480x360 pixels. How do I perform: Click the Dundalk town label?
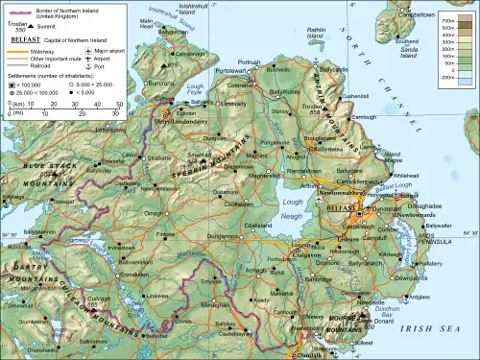(x=313, y=354)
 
